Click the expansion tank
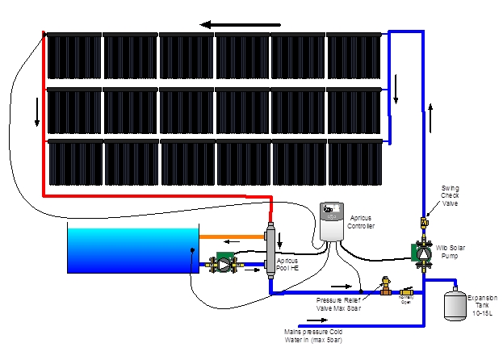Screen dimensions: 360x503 coord(455,303)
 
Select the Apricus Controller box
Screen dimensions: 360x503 coord(331,220)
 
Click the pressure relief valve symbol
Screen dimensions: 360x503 coord(385,285)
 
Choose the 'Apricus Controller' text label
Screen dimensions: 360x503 coord(363,223)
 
